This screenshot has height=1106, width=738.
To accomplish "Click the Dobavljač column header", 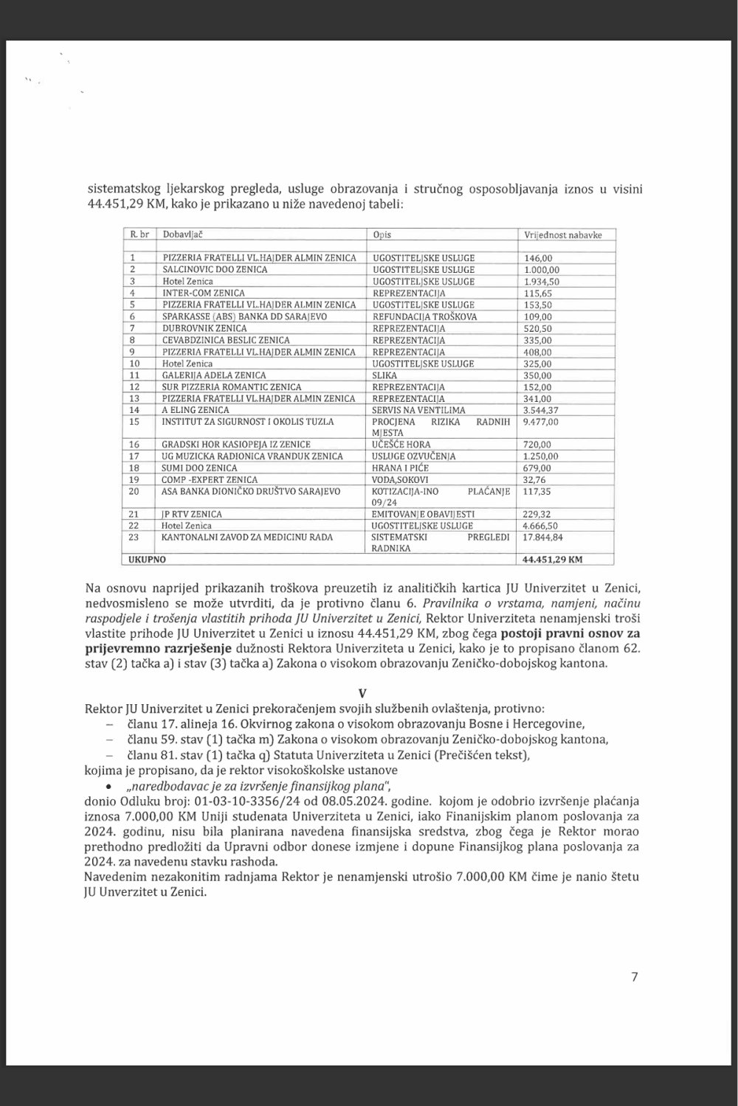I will click(183, 234).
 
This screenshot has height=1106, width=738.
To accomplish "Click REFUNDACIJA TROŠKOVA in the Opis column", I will click(414, 317).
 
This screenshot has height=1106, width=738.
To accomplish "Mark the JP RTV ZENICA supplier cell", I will click(192, 514).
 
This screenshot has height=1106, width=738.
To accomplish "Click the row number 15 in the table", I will click(134, 422).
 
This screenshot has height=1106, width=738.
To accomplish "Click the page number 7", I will click(635, 978).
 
